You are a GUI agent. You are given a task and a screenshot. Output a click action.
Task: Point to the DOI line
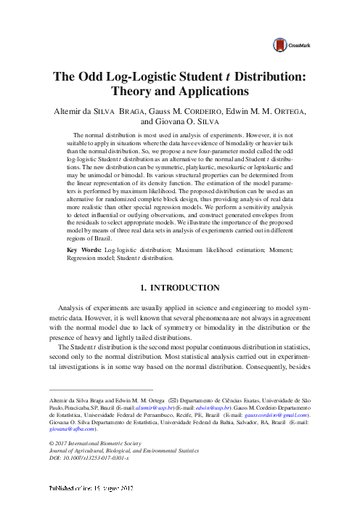pos(86,460)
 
